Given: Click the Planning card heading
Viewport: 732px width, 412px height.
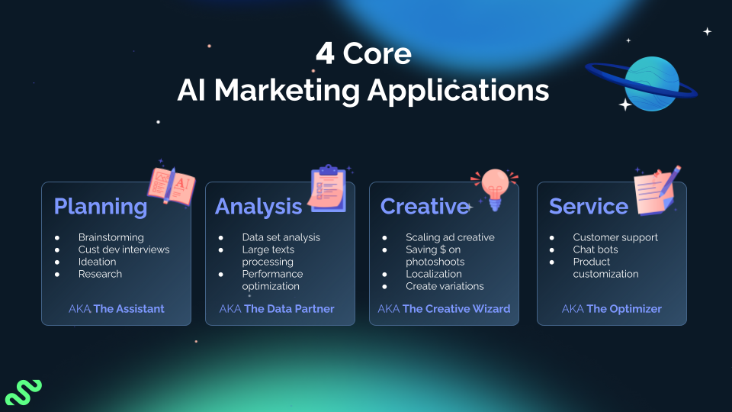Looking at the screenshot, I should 100,206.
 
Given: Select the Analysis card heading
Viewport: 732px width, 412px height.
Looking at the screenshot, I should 258,206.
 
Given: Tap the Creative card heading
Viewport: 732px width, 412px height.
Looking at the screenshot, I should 424,206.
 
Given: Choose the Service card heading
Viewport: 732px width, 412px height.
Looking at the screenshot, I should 588,206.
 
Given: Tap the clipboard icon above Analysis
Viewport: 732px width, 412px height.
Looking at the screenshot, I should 329,188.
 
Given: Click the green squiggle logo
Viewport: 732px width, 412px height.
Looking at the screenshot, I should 23,391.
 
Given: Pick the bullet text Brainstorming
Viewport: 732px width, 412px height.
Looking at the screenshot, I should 111,237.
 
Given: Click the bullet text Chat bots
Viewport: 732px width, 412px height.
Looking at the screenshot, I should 596,249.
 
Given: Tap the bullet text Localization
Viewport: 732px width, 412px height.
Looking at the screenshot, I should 434,274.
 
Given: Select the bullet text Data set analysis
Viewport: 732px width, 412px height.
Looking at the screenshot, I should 281,237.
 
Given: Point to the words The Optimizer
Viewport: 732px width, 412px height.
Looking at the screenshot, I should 624,309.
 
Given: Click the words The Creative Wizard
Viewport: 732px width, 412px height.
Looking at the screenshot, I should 456,309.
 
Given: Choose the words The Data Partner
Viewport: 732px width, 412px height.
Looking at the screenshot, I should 289,309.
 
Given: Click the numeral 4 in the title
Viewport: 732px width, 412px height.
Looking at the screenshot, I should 325,54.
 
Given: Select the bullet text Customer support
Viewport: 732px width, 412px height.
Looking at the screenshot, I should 615,237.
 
